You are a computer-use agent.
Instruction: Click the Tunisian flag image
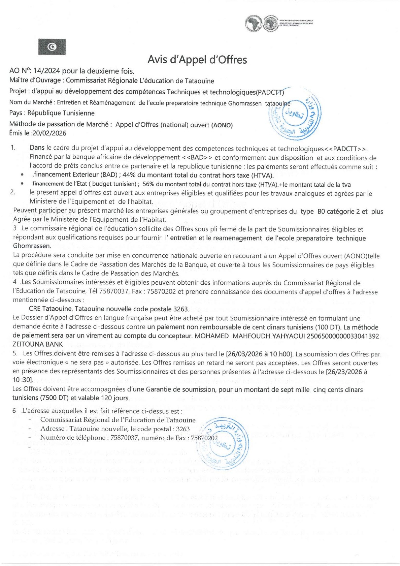pos(52,47)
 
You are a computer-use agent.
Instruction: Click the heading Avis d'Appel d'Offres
pos(197,60)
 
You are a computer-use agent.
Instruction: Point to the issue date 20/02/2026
pos(49,133)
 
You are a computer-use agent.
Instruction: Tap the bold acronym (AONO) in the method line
pos(222,125)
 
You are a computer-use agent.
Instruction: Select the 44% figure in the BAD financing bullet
pos(128,175)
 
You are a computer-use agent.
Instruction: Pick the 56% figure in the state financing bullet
pos(148,184)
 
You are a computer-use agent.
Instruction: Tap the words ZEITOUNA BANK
pos(38,344)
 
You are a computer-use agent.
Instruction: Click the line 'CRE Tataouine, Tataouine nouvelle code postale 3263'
pos(109,309)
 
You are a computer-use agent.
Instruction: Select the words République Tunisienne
pos(61,113)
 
